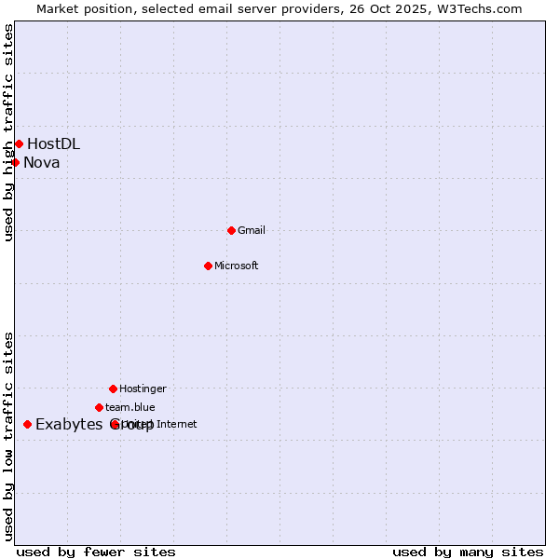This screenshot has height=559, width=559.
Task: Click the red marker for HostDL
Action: (x=19, y=143)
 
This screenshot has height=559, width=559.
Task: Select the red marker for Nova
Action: (x=15, y=163)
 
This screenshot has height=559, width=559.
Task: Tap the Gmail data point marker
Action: (x=231, y=230)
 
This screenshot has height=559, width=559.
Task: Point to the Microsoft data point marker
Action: (x=208, y=266)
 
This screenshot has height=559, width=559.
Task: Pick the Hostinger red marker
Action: (x=113, y=389)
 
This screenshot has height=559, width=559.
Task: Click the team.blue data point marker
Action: (x=99, y=407)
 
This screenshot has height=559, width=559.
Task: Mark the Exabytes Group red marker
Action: (x=27, y=425)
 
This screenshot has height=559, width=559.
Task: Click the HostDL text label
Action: (x=53, y=143)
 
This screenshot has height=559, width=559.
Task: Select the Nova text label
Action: (x=42, y=163)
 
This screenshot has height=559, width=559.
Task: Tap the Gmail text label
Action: (x=252, y=230)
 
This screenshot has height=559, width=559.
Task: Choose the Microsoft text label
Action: (x=237, y=266)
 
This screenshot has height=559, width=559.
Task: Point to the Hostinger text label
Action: (x=143, y=389)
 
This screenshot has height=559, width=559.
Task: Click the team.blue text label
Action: (x=130, y=407)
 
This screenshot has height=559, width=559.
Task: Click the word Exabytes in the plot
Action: (x=69, y=425)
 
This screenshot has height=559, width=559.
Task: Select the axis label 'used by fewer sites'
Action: (x=96, y=552)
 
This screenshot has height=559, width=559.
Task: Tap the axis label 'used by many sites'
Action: (x=468, y=552)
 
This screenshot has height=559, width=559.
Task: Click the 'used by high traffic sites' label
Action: (x=8, y=132)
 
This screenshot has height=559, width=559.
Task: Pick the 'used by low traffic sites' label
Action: (x=8, y=436)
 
